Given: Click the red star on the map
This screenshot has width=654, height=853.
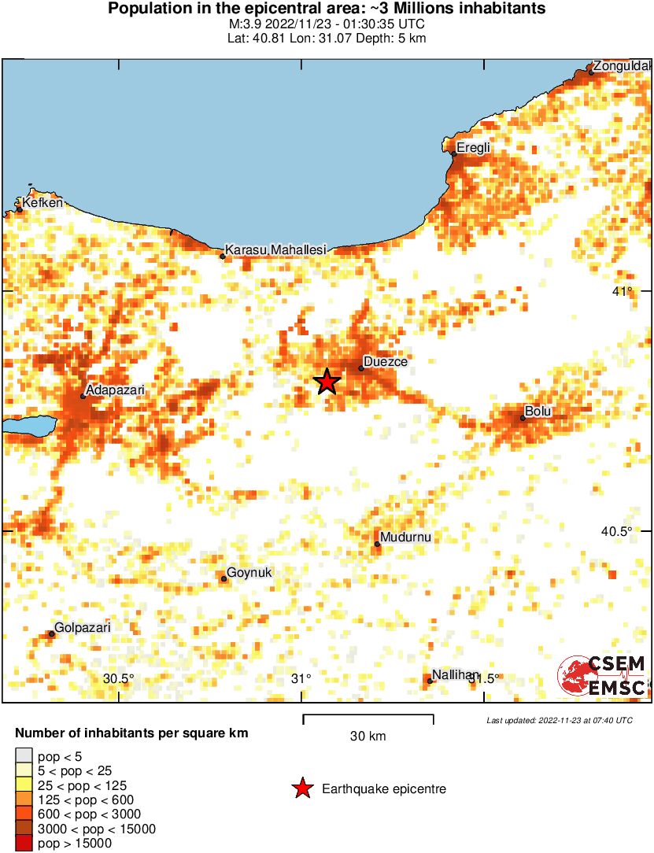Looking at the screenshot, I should coord(327,382).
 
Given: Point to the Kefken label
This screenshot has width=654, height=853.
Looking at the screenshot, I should coord(42,203).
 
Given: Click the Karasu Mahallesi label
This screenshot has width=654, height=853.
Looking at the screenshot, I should coord(275,249).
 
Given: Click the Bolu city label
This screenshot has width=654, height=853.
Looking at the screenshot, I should coord(539,412).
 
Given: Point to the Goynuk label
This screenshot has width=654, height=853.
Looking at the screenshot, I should coord(249,573).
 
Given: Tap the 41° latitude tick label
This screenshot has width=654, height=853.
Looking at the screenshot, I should coord(624,292).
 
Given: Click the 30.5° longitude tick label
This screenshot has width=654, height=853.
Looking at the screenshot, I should coord(119,679).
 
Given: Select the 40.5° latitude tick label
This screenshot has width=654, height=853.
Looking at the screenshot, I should coord(617,531).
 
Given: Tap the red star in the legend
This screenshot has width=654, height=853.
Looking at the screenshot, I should coord(301,788).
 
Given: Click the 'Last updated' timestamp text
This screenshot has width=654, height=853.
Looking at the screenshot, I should coord(560,720).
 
